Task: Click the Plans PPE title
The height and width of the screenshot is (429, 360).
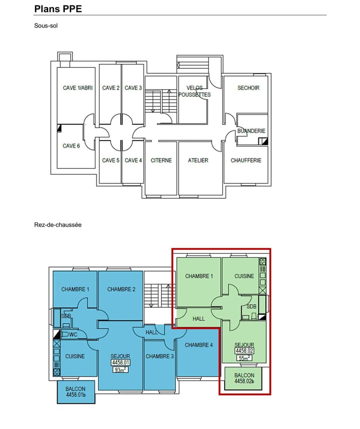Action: point(58,9)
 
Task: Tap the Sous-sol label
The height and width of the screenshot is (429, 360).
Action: point(46,26)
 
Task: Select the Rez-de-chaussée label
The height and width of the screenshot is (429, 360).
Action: point(58,225)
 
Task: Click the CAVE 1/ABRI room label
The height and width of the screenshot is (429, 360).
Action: point(78,88)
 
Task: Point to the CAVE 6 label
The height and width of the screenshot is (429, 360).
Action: point(71,146)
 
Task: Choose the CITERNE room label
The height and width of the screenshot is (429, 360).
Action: point(161,161)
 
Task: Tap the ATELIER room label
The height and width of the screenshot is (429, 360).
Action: point(198,161)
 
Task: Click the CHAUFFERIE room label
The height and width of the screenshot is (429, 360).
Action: point(246,161)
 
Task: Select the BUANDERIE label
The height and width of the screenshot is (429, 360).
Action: point(251,131)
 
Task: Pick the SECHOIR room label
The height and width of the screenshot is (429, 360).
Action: point(248,88)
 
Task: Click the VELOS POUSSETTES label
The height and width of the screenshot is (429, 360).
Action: point(195,91)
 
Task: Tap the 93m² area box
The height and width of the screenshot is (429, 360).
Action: point(120,370)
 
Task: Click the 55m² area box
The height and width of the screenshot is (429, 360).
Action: point(244,358)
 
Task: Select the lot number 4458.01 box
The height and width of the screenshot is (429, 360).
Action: point(120,362)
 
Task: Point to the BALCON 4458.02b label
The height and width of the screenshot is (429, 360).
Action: point(244,378)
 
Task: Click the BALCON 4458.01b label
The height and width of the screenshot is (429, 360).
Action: point(76,392)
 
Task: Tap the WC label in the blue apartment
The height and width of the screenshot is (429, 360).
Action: point(73,335)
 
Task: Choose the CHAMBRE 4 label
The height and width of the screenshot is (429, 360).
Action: point(199,345)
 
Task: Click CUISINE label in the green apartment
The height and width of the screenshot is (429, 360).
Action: point(244,276)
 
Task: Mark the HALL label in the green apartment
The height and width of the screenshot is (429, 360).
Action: point(198,319)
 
